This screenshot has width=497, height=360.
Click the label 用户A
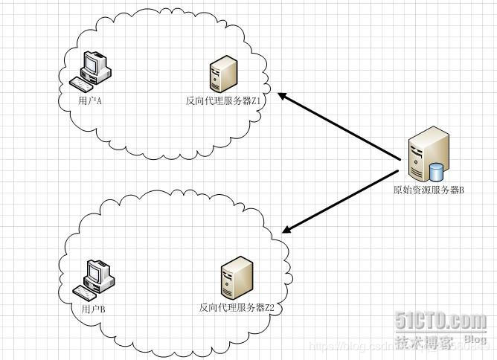pyautogui.click(x=90, y=99)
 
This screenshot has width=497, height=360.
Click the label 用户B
pyautogui.click(x=92, y=309)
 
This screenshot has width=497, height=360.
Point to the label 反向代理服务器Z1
pyautogui.click(x=225, y=100)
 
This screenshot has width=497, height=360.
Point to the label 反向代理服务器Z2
pyautogui.click(x=237, y=307)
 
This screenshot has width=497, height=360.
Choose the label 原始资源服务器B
pyautogui.click(x=429, y=190)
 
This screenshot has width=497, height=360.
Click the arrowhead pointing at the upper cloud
pyautogui.click(x=284, y=96)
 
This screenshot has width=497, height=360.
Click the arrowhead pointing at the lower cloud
pyautogui.click(x=289, y=227)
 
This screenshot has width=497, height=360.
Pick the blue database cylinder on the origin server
pyautogui.click(x=436, y=172)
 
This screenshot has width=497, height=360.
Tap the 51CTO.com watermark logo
pyautogui.click(x=440, y=321)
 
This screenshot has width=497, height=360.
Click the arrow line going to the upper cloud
pyautogui.click(x=342, y=127)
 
